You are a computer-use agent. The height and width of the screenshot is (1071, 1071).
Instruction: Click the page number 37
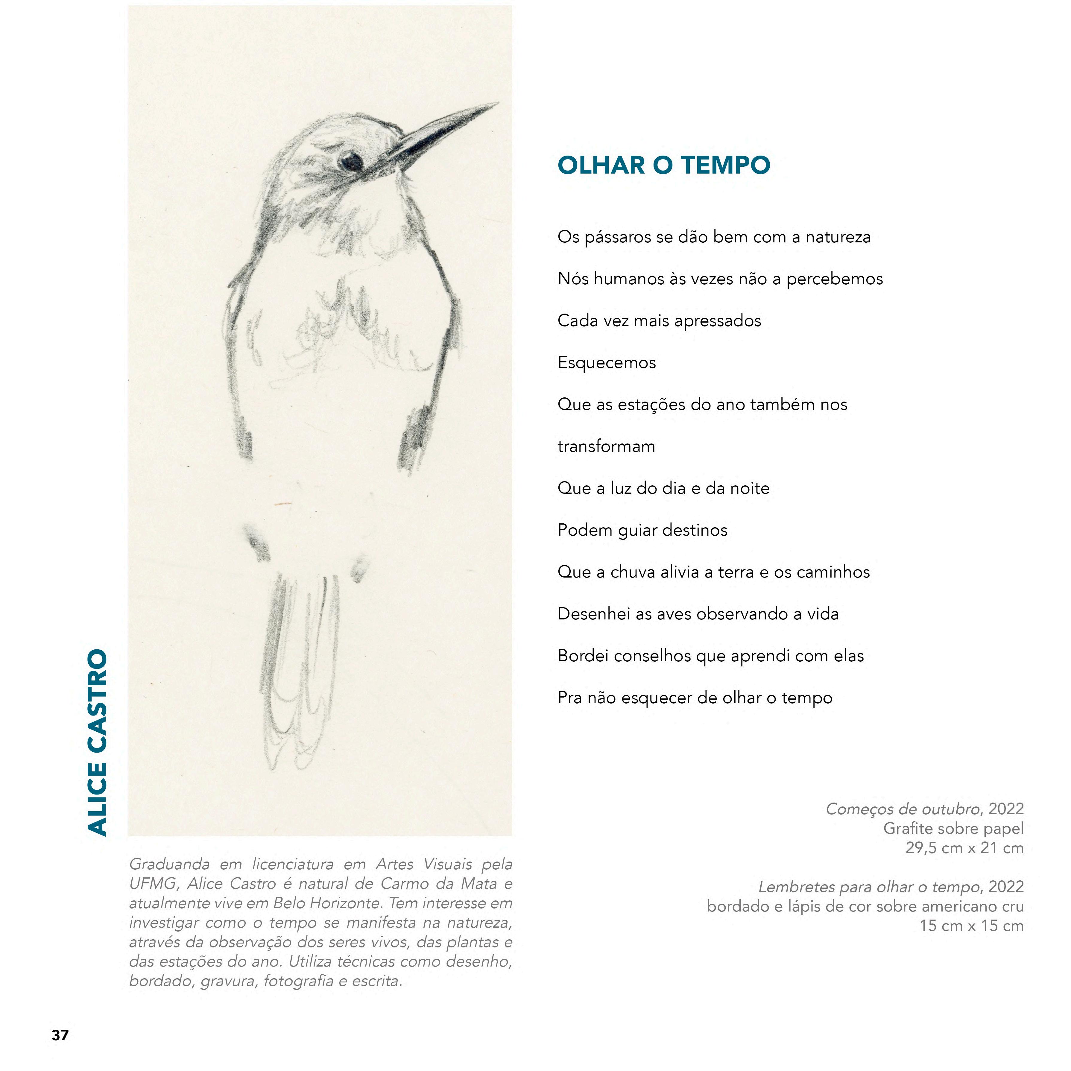(x=60, y=1035)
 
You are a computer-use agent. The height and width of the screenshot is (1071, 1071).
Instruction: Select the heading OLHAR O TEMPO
(x=663, y=165)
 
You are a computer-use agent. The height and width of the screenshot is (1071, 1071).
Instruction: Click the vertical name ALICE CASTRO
(x=98, y=743)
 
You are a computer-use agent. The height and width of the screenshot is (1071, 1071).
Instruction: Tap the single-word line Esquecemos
(x=607, y=363)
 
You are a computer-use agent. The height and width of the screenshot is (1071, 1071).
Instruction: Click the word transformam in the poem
(x=606, y=446)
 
